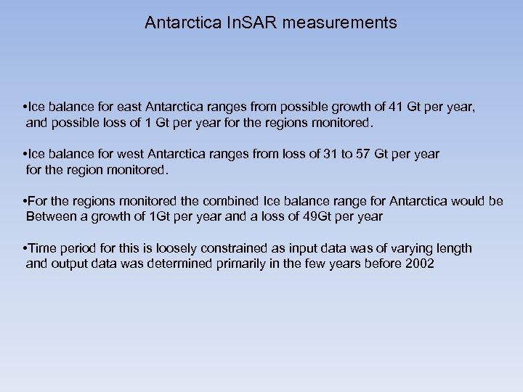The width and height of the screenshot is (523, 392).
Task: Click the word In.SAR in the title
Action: (x=252, y=23)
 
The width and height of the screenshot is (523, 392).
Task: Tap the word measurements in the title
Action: (x=341, y=23)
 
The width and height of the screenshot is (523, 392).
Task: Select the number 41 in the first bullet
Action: (x=397, y=108)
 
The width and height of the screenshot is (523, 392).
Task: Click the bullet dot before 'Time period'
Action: (x=25, y=248)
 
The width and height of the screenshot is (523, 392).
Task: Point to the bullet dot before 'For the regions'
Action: (x=25, y=201)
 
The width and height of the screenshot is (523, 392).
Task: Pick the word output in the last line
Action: (x=70, y=264)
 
